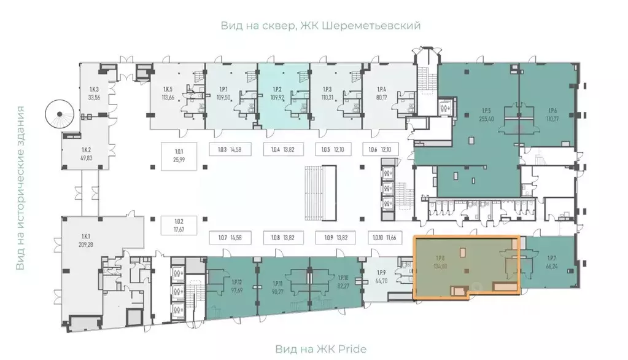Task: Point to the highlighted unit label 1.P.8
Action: (440, 259)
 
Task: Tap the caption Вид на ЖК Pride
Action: (321, 349)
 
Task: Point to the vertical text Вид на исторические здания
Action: (21, 188)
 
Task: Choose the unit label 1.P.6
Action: (552, 111)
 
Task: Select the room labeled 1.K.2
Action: (86, 153)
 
